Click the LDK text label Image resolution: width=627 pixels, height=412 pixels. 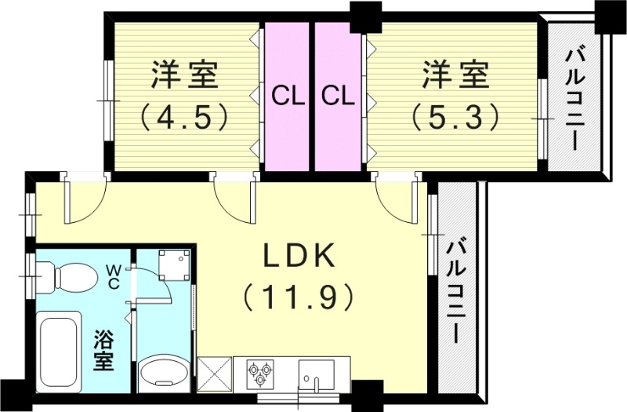(x=299, y=257)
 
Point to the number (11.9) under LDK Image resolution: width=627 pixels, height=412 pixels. (x=299, y=297)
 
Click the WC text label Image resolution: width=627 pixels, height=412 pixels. (x=114, y=278)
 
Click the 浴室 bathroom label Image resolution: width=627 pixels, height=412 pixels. (x=105, y=351)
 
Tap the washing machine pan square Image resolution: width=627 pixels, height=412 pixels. (x=173, y=265)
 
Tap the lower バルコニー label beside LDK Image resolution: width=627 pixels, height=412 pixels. (x=455, y=290)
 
